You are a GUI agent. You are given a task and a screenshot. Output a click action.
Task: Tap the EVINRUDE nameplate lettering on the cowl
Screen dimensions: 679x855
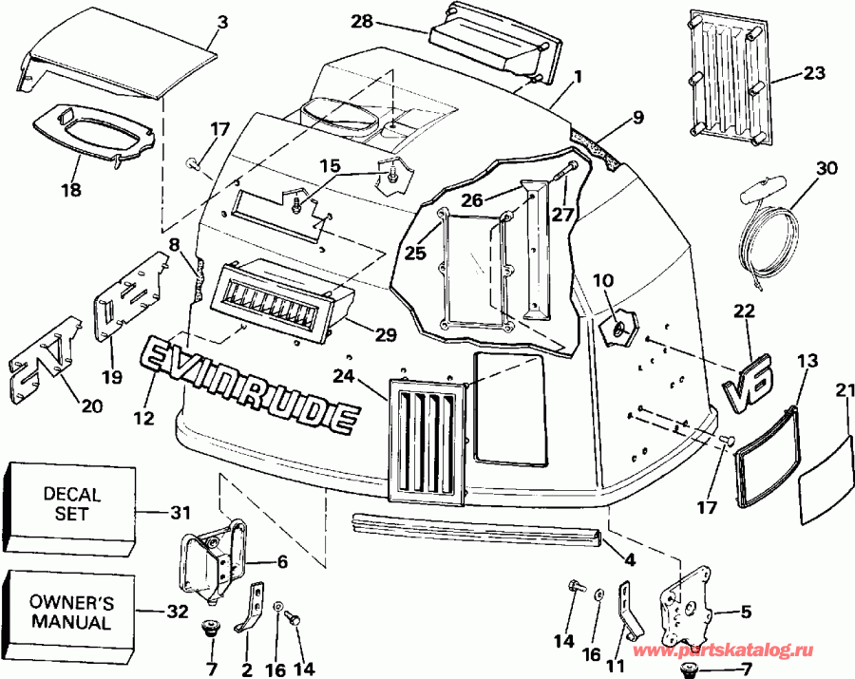click(x=251, y=385)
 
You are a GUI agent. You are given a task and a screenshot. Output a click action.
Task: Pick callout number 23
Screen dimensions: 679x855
click(x=814, y=72)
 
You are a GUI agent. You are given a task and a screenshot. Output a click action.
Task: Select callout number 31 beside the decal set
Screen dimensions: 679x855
click(x=179, y=513)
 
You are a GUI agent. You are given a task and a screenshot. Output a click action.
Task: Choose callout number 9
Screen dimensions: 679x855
click(x=637, y=119)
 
